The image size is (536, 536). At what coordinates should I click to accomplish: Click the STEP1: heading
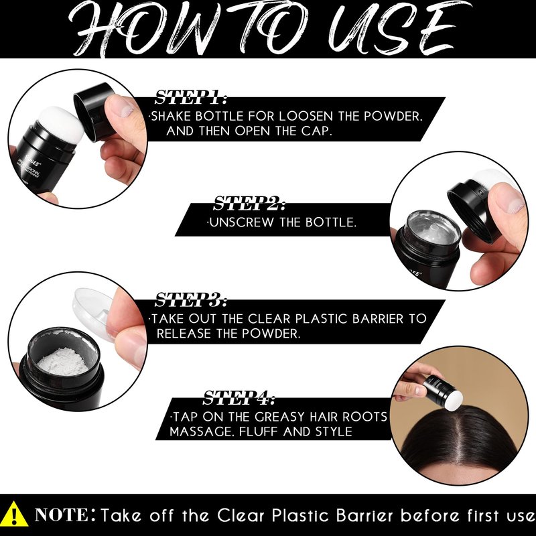pyautogui.click(x=191, y=97)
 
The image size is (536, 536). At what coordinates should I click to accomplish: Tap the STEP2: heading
pyautogui.click(x=249, y=204)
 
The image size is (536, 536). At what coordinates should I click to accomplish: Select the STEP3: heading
pyautogui.click(x=191, y=299)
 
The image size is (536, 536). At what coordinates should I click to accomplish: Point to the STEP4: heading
pyautogui.click(x=239, y=397)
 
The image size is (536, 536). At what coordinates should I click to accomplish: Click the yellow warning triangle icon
pyautogui.click(x=14, y=515)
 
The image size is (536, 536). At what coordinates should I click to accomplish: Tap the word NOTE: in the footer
pyautogui.click(x=65, y=515)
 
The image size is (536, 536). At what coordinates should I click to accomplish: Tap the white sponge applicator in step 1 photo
pyautogui.click(x=62, y=124)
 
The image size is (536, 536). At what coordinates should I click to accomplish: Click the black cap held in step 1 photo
pyautogui.click(x=94, y=111)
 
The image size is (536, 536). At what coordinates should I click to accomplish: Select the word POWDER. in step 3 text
pyautogui.click(x=271, y=333)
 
